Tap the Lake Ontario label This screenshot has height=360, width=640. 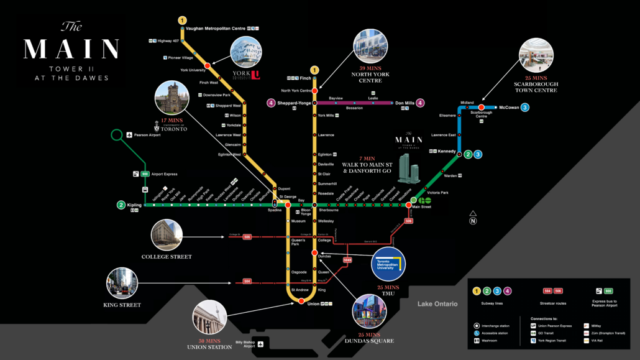pos(437,304)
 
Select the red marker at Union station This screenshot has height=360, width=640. pos(301,302)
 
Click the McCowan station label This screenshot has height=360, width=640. pos(508,108)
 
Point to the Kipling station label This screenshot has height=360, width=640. pos(134,205)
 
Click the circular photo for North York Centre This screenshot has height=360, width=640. pos(370,47)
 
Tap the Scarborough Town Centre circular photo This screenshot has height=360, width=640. pos(536,55)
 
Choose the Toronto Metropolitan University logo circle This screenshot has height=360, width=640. pos(388,264)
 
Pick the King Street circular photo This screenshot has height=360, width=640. pos(122,284)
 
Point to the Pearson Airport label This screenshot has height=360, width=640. pos(148,135)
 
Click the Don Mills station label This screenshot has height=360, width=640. pos(405,103)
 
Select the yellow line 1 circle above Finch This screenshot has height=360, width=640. pos(315,70)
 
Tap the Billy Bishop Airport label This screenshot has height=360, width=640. pos(245,344)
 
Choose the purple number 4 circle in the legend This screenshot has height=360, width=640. pos(508,290)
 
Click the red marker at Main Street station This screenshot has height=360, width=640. pos(408,205)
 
